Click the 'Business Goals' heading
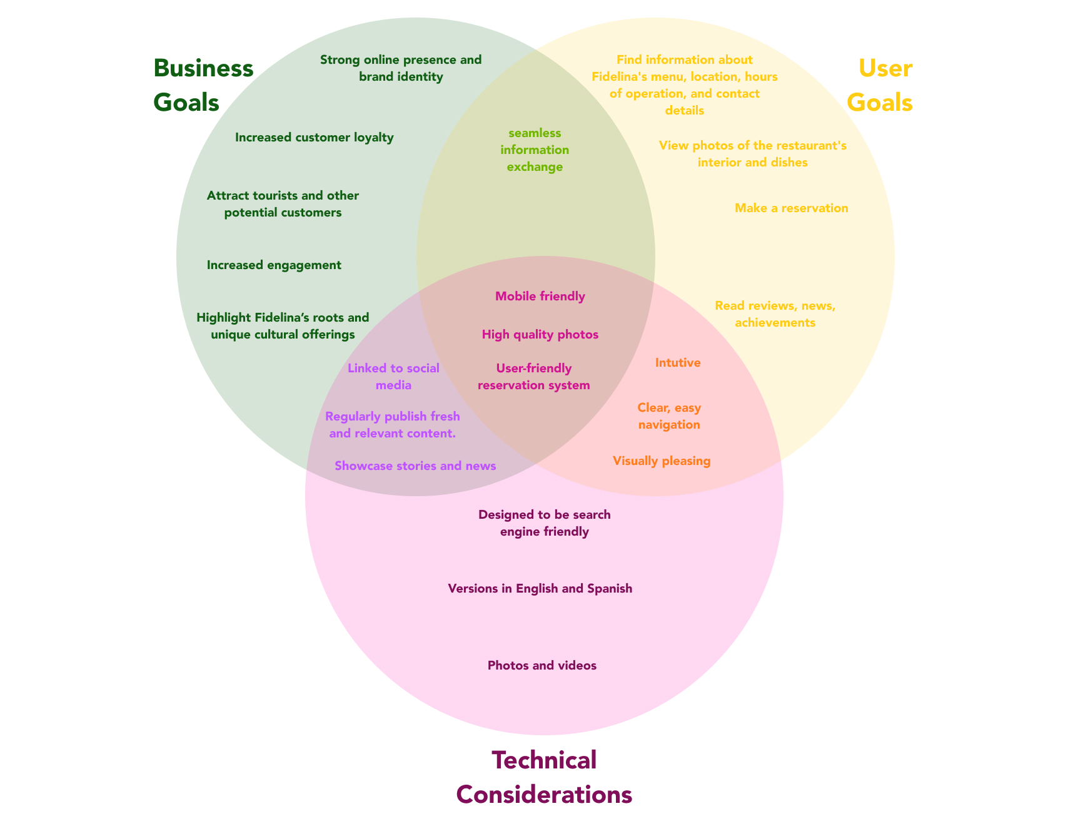point(203,85)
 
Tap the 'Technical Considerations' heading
point(544,777)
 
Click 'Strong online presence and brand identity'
point(401,68)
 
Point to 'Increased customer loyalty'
point(315,138)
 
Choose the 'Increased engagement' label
point(274,265)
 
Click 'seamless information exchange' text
point(535,150)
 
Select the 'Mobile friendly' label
point(540,297)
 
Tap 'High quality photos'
point(540,335)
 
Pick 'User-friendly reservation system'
point(534,377)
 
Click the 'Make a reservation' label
point(792,208)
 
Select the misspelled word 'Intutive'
point(678,363)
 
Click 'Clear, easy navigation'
point(669,416)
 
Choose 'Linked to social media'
point(393,377)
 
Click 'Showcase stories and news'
point(415,466)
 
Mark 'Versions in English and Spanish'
point(540,589)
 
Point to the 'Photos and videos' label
point(542,666)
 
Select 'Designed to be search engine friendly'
point(545,524)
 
